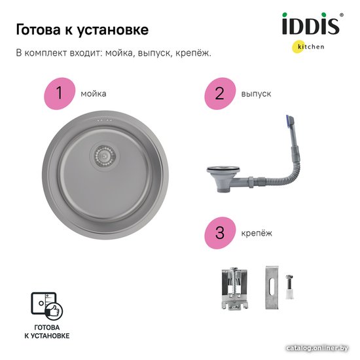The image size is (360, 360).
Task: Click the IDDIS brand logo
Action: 312,24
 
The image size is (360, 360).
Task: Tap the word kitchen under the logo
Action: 311,46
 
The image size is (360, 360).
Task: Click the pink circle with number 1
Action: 60,94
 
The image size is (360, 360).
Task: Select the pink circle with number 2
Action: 220,94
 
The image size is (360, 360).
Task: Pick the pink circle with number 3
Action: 220,233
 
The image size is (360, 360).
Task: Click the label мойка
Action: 94,94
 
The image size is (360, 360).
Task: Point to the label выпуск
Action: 256,94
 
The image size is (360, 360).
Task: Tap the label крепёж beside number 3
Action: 257,233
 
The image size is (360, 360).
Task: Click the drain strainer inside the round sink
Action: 105,156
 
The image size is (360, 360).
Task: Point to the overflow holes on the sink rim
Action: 105,120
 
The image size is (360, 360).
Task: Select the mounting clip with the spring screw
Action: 234,288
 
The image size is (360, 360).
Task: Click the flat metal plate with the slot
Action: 272,288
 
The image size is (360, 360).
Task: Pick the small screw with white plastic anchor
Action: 289,287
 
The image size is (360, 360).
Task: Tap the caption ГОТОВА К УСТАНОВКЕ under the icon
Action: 47,332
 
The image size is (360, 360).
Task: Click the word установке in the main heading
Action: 113,30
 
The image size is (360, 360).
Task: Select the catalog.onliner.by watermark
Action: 317,348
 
